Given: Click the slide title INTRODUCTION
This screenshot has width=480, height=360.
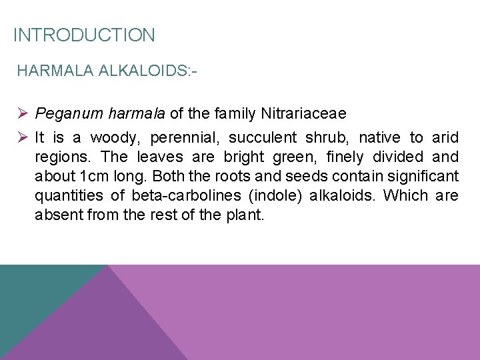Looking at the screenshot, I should click(84, 35).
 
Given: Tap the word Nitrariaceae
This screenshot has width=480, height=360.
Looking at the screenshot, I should click(301, 114).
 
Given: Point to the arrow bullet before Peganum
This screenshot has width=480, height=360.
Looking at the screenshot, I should click(23, 114).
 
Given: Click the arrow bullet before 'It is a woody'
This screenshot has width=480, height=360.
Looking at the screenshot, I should click(23, 138).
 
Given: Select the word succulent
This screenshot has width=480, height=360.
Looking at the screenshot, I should click(263, 138).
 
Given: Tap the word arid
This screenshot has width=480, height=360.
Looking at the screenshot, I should click(445, 138).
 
